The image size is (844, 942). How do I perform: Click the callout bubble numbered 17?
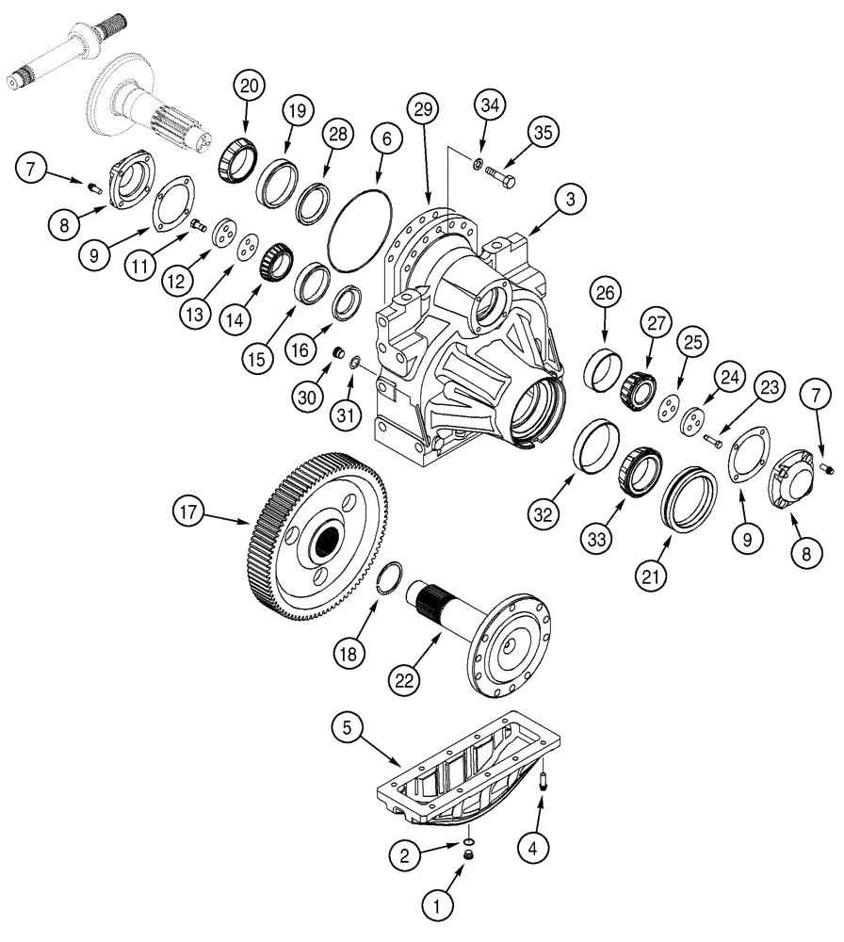point(189,512)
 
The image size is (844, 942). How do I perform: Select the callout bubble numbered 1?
point(435,906)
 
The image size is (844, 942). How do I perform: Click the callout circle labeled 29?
point(423,110)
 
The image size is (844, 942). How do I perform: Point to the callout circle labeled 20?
point(249,88)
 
